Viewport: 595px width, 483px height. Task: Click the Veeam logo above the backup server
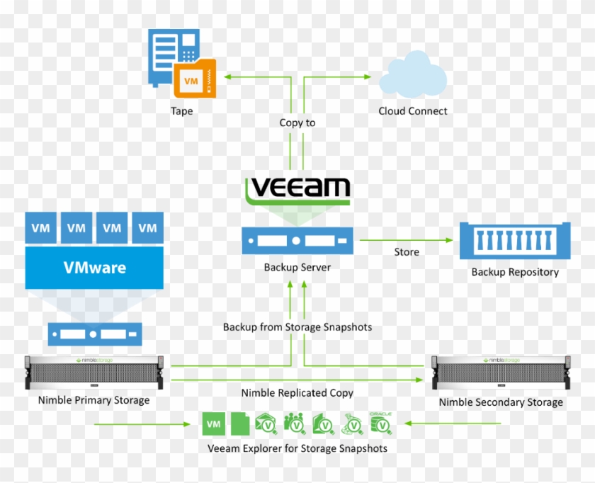[x=297, y=189]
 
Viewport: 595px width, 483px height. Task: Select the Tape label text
[x=181, y=111]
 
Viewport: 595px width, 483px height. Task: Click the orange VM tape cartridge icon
[x=194, y=80]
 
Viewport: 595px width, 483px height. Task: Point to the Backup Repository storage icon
[x=514, y=241]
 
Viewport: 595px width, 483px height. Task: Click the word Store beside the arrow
[x=407, y=252]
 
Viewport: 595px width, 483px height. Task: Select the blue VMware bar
[x=94, y=268]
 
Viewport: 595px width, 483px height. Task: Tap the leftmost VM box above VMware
[x=41, y=228]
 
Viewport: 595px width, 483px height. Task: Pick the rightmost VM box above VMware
[x=147, y=228]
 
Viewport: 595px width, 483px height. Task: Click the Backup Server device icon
[x=297, y=241]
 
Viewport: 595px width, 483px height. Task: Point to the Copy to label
[x=297, y=123]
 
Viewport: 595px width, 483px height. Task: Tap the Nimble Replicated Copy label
[x=297, y=393]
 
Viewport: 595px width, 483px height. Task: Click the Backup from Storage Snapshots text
[x=297, y=327]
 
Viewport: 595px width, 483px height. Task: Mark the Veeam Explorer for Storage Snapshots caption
[x=297, y=448]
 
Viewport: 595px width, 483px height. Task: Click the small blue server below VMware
[x=95, y=334]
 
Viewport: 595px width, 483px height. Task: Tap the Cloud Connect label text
[x=413, y=111]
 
